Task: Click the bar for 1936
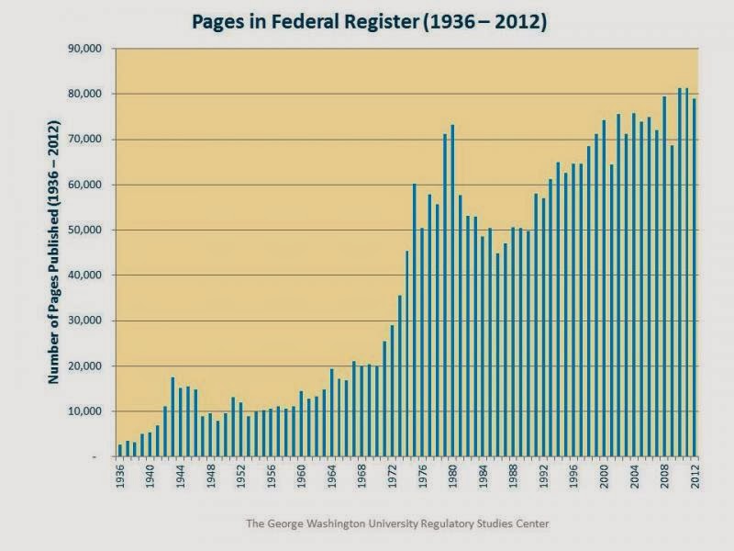[x=120, y=450]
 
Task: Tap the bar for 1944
[x=181, y=422]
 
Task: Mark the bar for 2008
[x=664, y=276]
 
